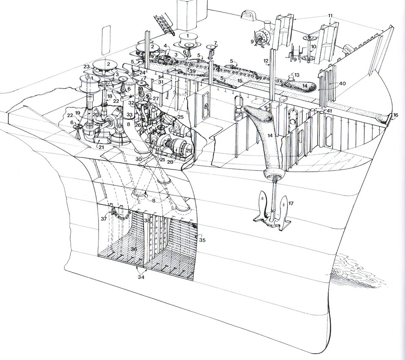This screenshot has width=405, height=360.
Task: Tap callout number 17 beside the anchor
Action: (291, 204)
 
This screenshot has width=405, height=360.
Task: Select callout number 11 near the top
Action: (330, 16)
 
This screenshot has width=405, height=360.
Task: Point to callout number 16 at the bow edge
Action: (396, 115)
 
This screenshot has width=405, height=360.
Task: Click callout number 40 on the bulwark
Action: (343, 84)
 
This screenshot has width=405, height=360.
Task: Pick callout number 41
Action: (329, 111)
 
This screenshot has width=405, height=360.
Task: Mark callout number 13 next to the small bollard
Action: (297, 75)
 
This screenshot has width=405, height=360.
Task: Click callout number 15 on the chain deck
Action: (240, 81)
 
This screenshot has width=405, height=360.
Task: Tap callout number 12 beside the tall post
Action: (266, 60)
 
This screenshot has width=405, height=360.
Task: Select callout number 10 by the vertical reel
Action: (313, 46)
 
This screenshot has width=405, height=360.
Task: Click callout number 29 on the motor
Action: (189, 151)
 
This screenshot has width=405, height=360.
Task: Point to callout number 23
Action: (87, 66)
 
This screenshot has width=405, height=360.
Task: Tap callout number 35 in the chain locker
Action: (202, 240)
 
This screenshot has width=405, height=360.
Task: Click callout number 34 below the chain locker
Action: (141, 277)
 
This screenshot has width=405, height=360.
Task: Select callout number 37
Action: (104, 218)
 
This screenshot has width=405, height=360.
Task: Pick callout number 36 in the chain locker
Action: (134, 249)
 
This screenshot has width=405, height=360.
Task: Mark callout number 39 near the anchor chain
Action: (192, 71)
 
